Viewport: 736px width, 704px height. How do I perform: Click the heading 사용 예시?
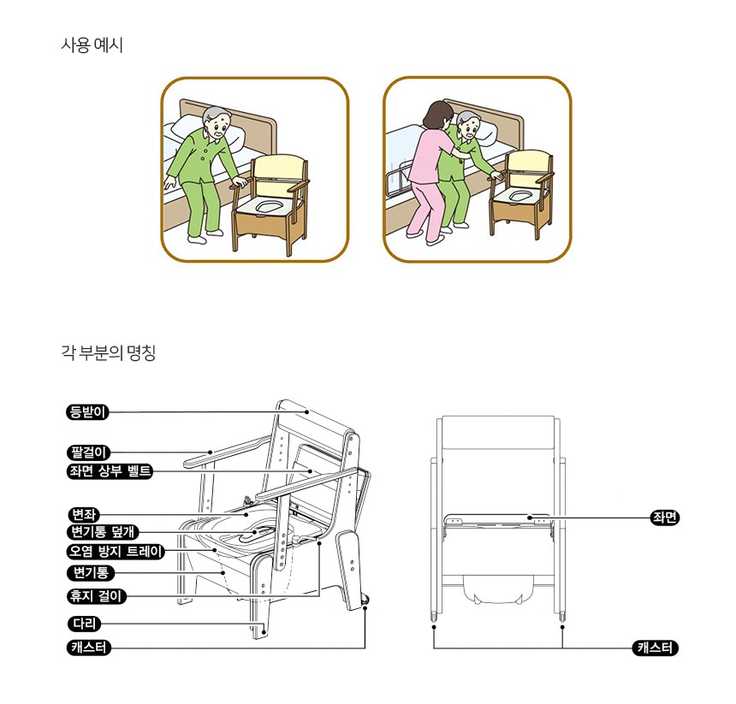[x=92, y=45]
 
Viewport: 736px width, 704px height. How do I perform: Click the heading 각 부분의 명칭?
[x=108, y=352]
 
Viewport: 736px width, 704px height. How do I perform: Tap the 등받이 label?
[x=87, y=412]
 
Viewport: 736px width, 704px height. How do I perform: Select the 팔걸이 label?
[x=88, y=453]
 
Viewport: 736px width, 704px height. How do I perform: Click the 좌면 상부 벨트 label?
[x=110, y=470]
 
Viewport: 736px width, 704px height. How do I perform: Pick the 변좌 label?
[x=83, y=515]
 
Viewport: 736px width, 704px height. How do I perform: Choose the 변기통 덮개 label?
[x=103, y=532]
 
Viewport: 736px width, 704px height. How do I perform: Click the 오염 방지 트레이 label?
[x=116, y=551]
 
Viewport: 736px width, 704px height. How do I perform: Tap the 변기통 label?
[x=90, y=572]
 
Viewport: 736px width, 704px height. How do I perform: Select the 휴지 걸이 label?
[x=96, y=596]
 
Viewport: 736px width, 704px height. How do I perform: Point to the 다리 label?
[x=84, y=624]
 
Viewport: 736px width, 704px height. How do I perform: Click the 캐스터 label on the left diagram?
[x=89, y=648]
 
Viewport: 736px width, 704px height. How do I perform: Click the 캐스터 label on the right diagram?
[x=656, y=648]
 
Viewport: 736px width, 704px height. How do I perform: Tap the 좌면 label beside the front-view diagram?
[x=665, y=518]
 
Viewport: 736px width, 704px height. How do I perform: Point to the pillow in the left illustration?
[x=206, y=129]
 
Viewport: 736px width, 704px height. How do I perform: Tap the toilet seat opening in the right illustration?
[x=519, y=194]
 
